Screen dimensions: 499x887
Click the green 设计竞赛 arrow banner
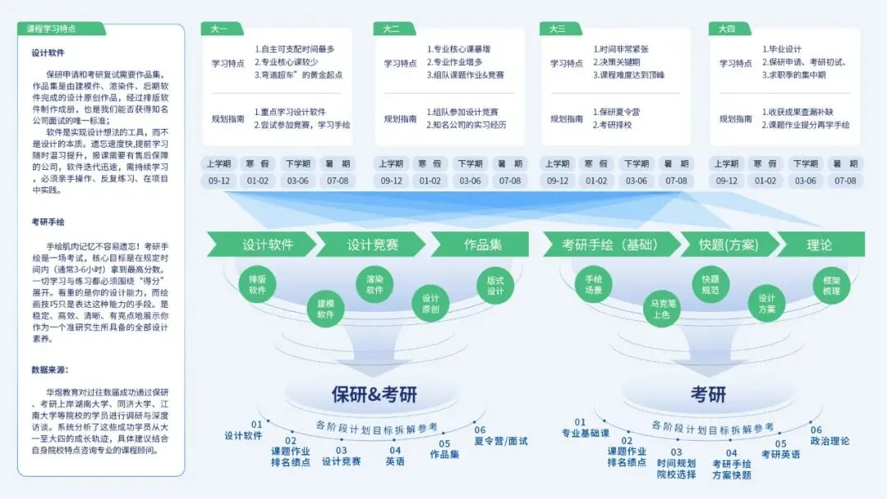click(x=372, y=245)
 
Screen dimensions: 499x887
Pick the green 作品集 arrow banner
click(x=483, y=245)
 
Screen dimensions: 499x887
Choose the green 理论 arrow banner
click(x=819, y=245)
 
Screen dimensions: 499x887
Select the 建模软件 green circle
click(x=325, y=309)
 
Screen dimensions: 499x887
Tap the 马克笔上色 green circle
click(x=661, y=309)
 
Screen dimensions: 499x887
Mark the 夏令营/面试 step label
click(x=501, y=441)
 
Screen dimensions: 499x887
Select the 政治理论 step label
click(x=830, y=441)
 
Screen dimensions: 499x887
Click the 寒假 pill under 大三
click(x=596, y=163)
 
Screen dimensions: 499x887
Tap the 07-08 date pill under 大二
click(x=510, y=181)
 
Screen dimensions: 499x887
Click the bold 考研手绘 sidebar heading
click(x=49, y=222)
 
